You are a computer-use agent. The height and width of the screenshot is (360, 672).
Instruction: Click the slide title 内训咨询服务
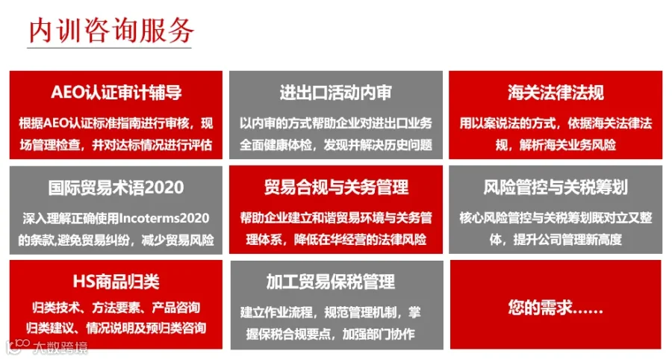(111, 31)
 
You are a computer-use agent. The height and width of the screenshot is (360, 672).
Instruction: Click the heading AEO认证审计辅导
(116, 92)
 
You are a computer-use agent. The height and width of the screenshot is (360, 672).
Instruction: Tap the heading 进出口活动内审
(335, 93)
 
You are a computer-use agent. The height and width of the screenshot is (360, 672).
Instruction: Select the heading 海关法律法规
(556, 92)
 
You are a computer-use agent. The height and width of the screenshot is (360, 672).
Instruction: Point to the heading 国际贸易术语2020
(116, 187)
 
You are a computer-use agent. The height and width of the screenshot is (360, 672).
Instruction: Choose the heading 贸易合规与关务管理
(336, 187)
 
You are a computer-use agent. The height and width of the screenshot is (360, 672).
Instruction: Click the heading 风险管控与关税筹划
(556, 187)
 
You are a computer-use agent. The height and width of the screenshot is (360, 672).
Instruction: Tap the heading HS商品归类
(116, 282)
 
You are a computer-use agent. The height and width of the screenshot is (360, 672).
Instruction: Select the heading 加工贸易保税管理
(331, 282)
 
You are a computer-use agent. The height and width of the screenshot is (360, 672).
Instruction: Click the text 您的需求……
(556, 307)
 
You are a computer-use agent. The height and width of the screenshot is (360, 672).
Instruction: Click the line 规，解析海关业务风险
(556, 145)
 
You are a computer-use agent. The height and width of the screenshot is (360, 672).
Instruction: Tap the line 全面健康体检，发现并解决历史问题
(336, 145)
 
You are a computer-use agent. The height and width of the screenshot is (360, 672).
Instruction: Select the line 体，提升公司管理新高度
(556, 239)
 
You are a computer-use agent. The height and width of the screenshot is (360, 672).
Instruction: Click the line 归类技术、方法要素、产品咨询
(116, 307)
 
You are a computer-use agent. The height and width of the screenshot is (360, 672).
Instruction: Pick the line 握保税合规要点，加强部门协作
(331, 333)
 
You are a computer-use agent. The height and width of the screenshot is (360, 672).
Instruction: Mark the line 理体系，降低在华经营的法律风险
(336, 239)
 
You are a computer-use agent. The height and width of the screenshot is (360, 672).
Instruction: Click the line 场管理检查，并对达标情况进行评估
(116, 145)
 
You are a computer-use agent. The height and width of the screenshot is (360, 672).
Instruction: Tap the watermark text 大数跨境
(60, 347)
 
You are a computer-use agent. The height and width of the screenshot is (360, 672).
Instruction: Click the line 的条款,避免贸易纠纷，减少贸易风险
(116, 240)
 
